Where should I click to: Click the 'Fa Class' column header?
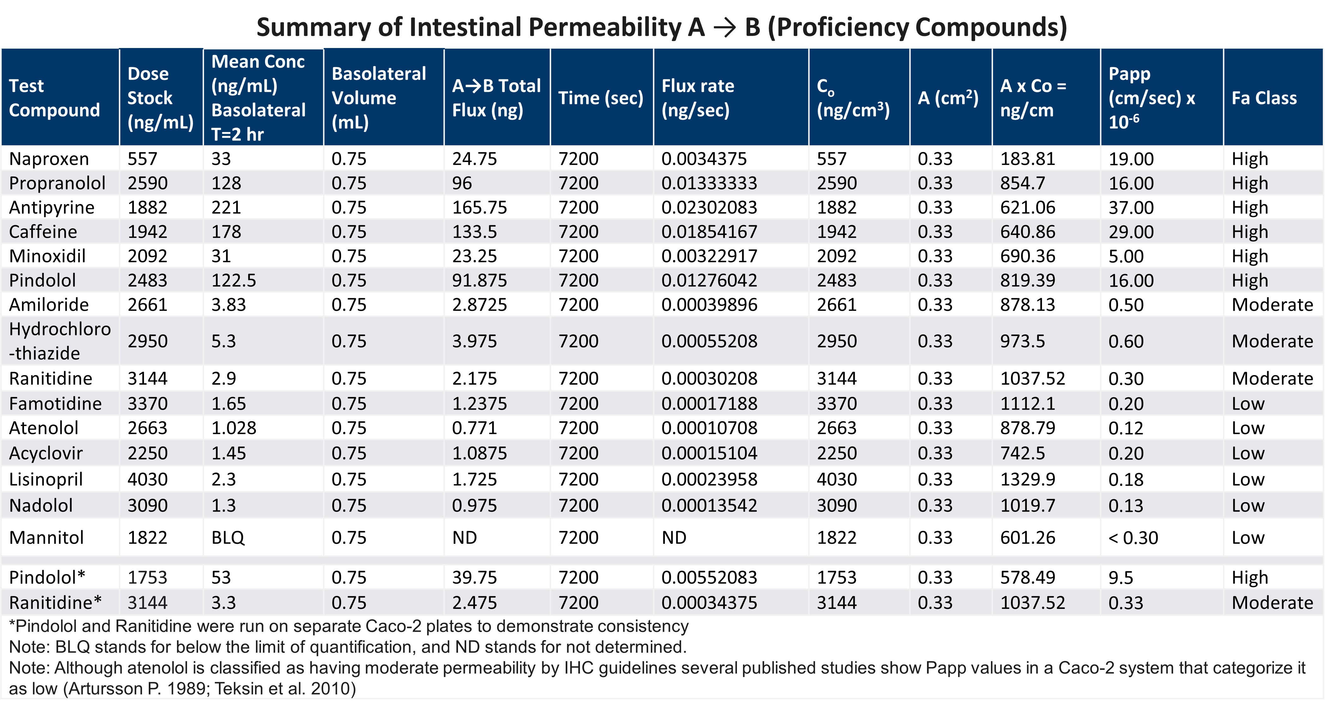(x=1264, y=98)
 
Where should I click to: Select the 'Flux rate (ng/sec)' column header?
(x=697, y=98)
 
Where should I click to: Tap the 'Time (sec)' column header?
(x=600, y=98)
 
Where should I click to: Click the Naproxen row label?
(x=49, y=159)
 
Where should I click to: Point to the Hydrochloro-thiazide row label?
(x=60, y=341)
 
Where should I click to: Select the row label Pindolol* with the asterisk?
(x=47, y=577)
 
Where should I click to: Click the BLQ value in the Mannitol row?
(x=228, y=538)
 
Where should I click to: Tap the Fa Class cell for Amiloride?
(x=1272, y=305)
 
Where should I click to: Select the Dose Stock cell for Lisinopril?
(x=147, y=479)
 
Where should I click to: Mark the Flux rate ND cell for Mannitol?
(x=673, y=538)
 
